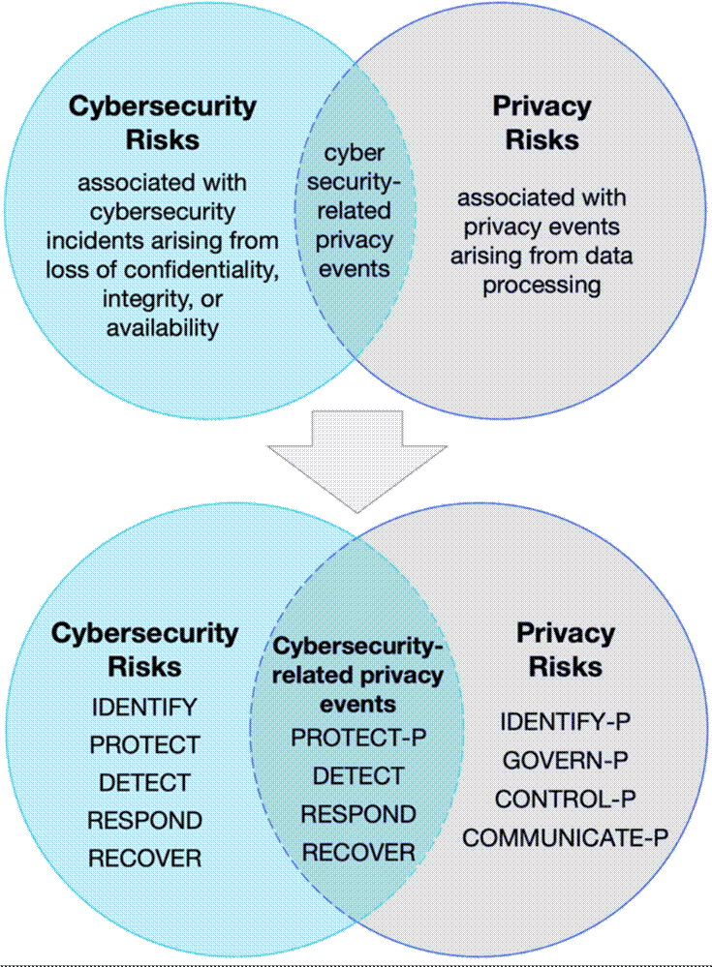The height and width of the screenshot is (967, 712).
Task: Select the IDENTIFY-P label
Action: click(565, 721)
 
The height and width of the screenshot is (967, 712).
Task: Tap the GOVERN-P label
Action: click(565, 761)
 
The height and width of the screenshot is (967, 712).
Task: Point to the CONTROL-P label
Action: click(565, 800)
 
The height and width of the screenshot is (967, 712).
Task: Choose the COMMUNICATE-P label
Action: click(565, 838)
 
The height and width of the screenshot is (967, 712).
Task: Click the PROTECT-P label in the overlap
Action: click(358, 738)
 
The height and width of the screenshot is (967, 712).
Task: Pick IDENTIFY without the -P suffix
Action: click(144, 708)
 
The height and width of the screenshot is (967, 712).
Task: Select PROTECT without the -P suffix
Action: click(144, 745)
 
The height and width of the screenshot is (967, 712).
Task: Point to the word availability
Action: click(163, 328)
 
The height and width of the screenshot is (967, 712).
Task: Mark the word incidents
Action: click(96, 240)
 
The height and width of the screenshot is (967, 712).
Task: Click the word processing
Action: click(542, 286)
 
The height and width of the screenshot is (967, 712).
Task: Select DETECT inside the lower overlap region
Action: click(358, 775)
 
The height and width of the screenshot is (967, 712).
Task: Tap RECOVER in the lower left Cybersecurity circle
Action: click(144, 859)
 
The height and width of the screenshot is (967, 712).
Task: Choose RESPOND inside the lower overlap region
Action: click(358, 814)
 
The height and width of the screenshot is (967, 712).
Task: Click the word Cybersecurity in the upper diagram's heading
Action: click(163, 106)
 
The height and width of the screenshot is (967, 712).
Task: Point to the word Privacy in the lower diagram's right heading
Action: click(565, 634)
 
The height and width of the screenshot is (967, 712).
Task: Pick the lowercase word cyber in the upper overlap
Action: click(355, 153)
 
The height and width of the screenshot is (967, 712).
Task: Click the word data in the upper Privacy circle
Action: click(607, 256)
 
